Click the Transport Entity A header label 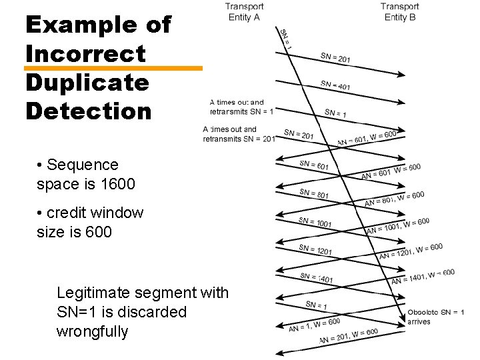pyautogui.click(x=244, y=12)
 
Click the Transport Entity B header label pyautogui.click(x=400, y=12)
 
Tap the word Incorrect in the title pyautogui.click(x=85, y=53)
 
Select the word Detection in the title pyautogui.click(x=89, y=111)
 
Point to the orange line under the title pyautogui.click(x=113, y=68)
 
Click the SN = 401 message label pyautogui.click(x=335, y=85)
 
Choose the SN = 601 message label pyautogui.click(x=314, y=165)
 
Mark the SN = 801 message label pyautogui.click(x=314, y=194)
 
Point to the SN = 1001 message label pyautogui.click(x=315, y=223)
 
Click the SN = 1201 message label pyautogui.click(x=315, y=250)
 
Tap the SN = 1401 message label pyautogui.click(x=316, y=277)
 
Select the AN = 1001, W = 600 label pyautogui.click(x=397, y=226)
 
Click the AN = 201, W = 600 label pyautogui.click(x=348, y=336)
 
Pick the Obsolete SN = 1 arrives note pyautogui.click(x=435, y=317)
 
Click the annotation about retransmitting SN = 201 pyautogui.click(x=239, y=134)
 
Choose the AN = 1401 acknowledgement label pyautogui.click(x=423, y=276)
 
